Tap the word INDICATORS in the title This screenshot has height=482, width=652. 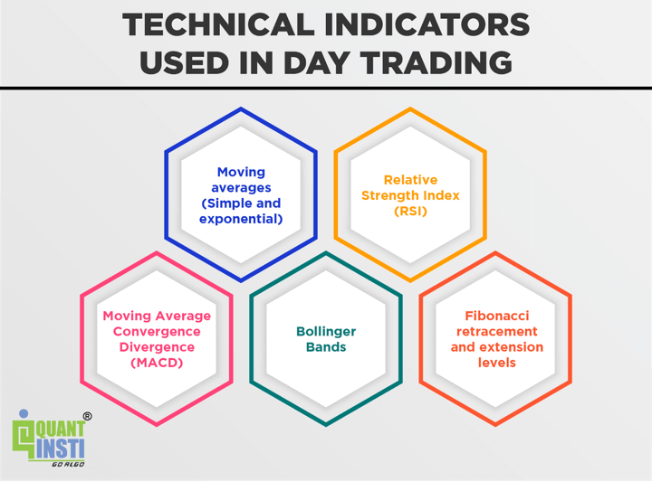click(427, 24)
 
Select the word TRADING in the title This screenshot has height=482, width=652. click(436, 63)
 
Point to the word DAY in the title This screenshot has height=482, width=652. click(316, 63)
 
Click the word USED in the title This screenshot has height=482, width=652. click(185, 63)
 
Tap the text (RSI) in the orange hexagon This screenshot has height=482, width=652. click(410, 212)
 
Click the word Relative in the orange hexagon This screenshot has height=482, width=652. click(410, 180)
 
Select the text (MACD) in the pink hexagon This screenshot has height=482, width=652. click(157, 363)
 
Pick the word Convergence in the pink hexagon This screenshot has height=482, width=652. click(157, 332)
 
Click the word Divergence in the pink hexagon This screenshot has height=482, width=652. click(157, 347)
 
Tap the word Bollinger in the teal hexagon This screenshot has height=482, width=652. click(326, 332)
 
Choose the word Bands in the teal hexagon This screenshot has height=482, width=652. click(326, 347)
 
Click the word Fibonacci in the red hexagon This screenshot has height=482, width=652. click(497, 316)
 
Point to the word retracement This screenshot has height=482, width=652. click(497, 332)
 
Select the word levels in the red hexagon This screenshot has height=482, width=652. click(497, 363)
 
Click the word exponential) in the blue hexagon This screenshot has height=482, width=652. click(241, 219)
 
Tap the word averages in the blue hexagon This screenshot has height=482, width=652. click(241, 188)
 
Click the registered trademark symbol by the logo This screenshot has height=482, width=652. click(87, 416)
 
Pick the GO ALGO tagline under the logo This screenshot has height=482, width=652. click(68, 464)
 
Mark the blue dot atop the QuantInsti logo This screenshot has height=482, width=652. click(24, 413)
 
